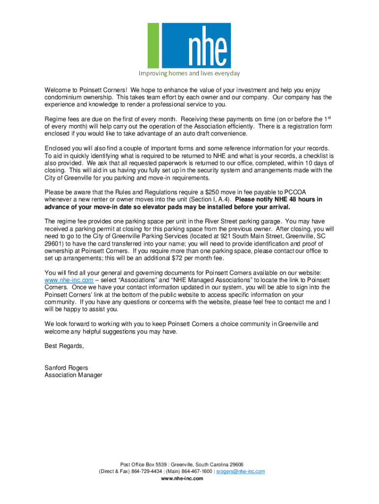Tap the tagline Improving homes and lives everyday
[x=189, y=74]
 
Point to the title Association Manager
[x=73, y=375]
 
